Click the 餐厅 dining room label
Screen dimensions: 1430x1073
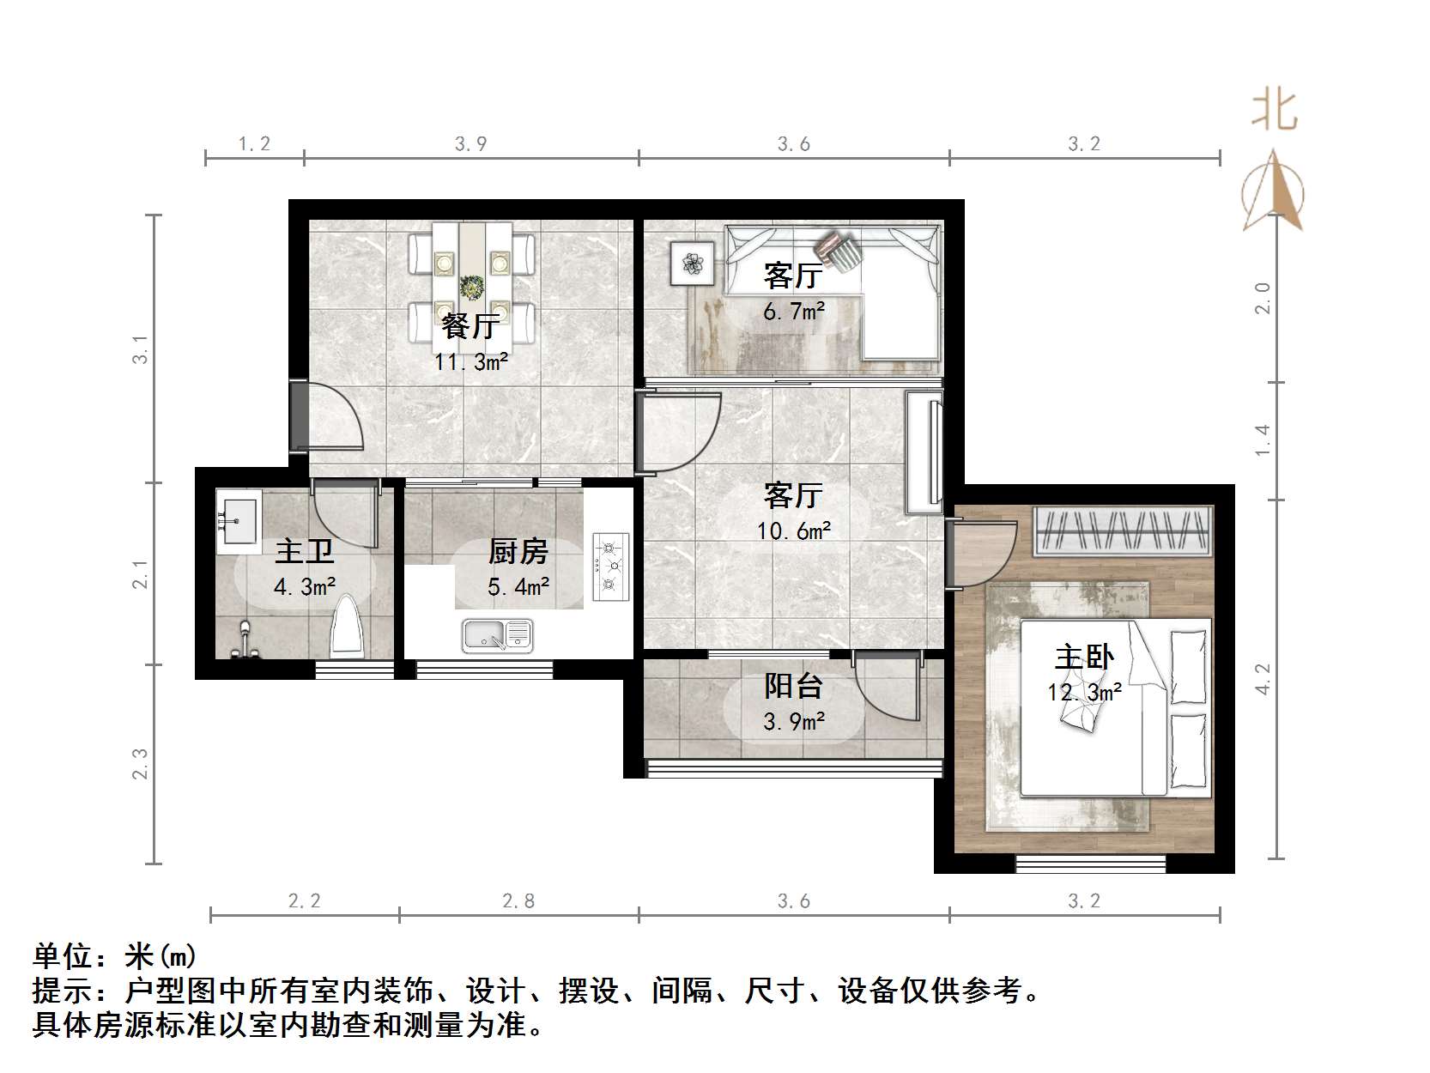pyautogui.click(x=470, y=325)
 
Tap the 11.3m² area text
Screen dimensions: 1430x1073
pyautogui.click(x=471, y=361)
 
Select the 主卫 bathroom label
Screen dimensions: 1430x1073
pyautogui.click(x=304, y=552)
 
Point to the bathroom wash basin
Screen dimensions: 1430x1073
pyautogui.click(x=238, y=522)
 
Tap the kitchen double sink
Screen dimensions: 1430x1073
pyautogui.click(x=498, y=635)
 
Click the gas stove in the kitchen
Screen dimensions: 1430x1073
pyautogui.click(x=610, y=566)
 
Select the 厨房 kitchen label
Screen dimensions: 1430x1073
pyautogui.click(x=518, y=552)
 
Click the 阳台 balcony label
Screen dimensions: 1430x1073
pyautogui.click(x=793, y=685)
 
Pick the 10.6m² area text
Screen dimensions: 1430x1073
pyautogui.click(x=793, y=531)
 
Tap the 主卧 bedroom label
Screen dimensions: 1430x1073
pyautogui.click(x=1084, y=657)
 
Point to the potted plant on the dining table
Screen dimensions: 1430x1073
pyautogui.click(x=471, y=286)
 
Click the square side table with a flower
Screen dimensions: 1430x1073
pyautogui.click(x=692, y=264)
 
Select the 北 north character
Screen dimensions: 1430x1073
pyautogui.click(x=1275, y=111)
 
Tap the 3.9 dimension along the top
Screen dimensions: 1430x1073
pyautogui.click(x=470, y=143)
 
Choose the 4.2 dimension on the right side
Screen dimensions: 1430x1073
pyautogui.click(x=1263, y=680)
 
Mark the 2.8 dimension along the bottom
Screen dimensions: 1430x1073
pyautogui.click(x=518, y=901)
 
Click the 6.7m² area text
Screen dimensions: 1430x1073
pyautogui.click(x=793, y=311)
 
